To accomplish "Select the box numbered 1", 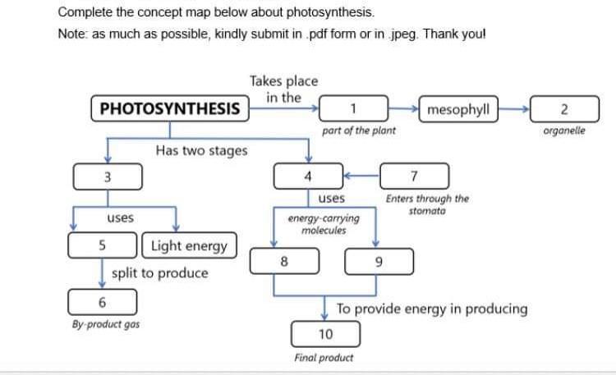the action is (352, 109).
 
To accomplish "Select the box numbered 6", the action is (102, 301).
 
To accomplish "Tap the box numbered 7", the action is (414, 176).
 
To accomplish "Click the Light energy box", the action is (190, 245).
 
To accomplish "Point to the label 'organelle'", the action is (564, 130).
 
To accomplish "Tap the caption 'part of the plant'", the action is (359, 130).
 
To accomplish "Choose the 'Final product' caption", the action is (324, 357).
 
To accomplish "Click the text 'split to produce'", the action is (159, 272).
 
